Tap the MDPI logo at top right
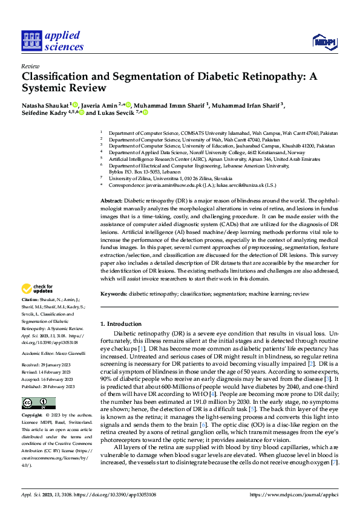point(324,41)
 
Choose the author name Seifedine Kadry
point(44,112)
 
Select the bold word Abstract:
point(111,199)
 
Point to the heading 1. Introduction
point(121,324)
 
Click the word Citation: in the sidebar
point(30,299)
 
